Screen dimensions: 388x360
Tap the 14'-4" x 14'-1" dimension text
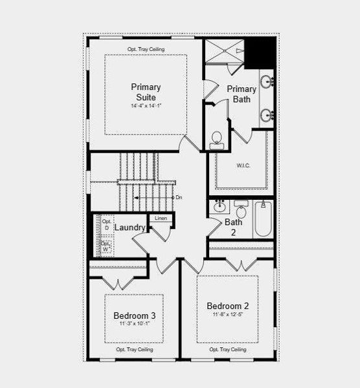tap(146, 106)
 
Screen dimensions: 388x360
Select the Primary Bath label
tap(242, 94)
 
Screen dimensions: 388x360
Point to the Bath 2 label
tap(234, 227)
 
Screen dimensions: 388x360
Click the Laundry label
tap(129, 228)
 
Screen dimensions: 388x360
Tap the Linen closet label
tap(161, 219)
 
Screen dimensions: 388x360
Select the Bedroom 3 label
tap(135, 316)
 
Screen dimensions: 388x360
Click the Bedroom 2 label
tap(228, 306)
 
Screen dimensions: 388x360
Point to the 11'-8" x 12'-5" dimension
tap(228, 316)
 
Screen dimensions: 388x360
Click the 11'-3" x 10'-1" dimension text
tap(135, 325)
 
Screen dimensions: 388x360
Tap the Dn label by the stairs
tap(179, 197)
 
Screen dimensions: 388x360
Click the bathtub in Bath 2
tap(262, 219)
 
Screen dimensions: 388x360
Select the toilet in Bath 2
tap(241, 211)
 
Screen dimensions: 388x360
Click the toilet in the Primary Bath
tap(216, 139)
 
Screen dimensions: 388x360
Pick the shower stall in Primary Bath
tap(224, 51)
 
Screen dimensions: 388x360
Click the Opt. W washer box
tap(106, 246)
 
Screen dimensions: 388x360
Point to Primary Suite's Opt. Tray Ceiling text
tap(146, 49)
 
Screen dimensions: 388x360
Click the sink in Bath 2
tap(219, 208)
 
